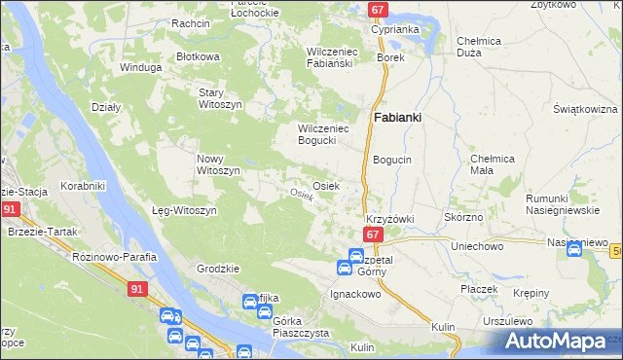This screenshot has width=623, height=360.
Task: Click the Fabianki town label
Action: point(397,118)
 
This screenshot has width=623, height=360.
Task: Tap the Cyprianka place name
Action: point(395,29)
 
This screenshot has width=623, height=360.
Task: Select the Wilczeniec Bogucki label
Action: point(323,133)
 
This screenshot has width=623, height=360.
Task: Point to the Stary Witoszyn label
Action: point(219,97)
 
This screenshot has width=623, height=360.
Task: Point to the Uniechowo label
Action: point(476,246)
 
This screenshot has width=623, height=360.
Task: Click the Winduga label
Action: point(138,68)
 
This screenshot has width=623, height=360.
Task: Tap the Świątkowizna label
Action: point(584,108)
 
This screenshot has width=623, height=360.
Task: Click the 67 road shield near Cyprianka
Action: point(379,10)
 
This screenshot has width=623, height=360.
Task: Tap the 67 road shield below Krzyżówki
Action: point(373,234)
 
